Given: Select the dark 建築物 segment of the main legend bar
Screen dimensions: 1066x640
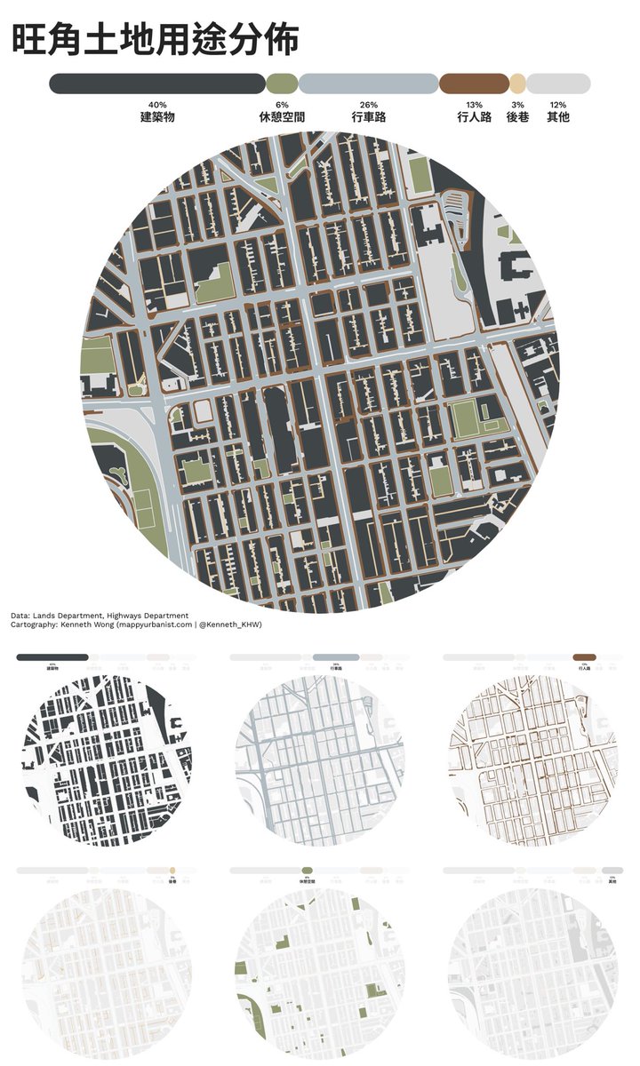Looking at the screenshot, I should point(157,84).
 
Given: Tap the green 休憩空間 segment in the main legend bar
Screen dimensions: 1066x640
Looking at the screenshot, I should point(282,84).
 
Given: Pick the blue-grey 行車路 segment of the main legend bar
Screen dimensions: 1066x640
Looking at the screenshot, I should point(368,84).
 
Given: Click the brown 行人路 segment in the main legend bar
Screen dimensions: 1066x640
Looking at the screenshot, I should point(474,84).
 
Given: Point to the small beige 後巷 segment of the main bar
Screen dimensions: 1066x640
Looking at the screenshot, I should point(517,84).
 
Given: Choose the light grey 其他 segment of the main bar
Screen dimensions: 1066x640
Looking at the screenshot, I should point(558,84).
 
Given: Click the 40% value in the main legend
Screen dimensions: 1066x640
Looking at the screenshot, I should point(157,105).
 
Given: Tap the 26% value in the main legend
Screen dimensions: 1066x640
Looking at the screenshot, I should point(368,105).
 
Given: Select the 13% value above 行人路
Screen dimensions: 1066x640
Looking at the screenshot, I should point(474,105).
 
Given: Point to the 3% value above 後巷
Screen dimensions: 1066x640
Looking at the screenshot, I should point(517,105).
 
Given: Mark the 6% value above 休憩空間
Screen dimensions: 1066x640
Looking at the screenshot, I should point(282,105).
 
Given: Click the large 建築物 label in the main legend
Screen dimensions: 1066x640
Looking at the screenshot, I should point(157,116).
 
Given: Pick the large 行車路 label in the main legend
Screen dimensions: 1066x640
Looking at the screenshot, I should point(368,116).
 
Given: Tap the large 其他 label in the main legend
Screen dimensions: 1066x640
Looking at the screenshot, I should point(558,116).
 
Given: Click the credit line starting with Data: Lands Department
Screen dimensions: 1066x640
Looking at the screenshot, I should point(100,615).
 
